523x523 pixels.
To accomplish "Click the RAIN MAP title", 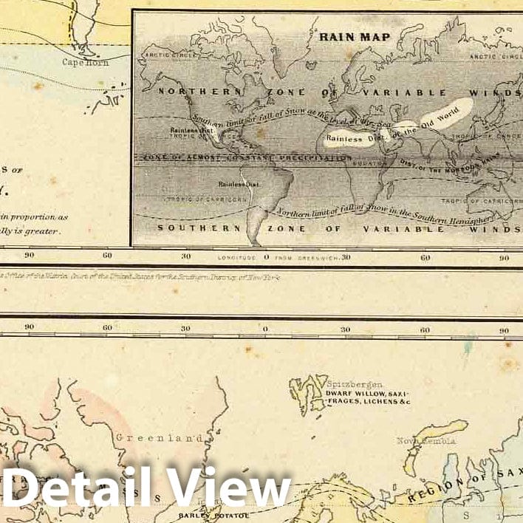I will (344, 34).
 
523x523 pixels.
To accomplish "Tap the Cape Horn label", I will (86, 63).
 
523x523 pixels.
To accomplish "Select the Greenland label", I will (159, 437).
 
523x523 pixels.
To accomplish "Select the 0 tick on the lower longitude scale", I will (265, 328).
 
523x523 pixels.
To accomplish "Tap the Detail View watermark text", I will (147, 488).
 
